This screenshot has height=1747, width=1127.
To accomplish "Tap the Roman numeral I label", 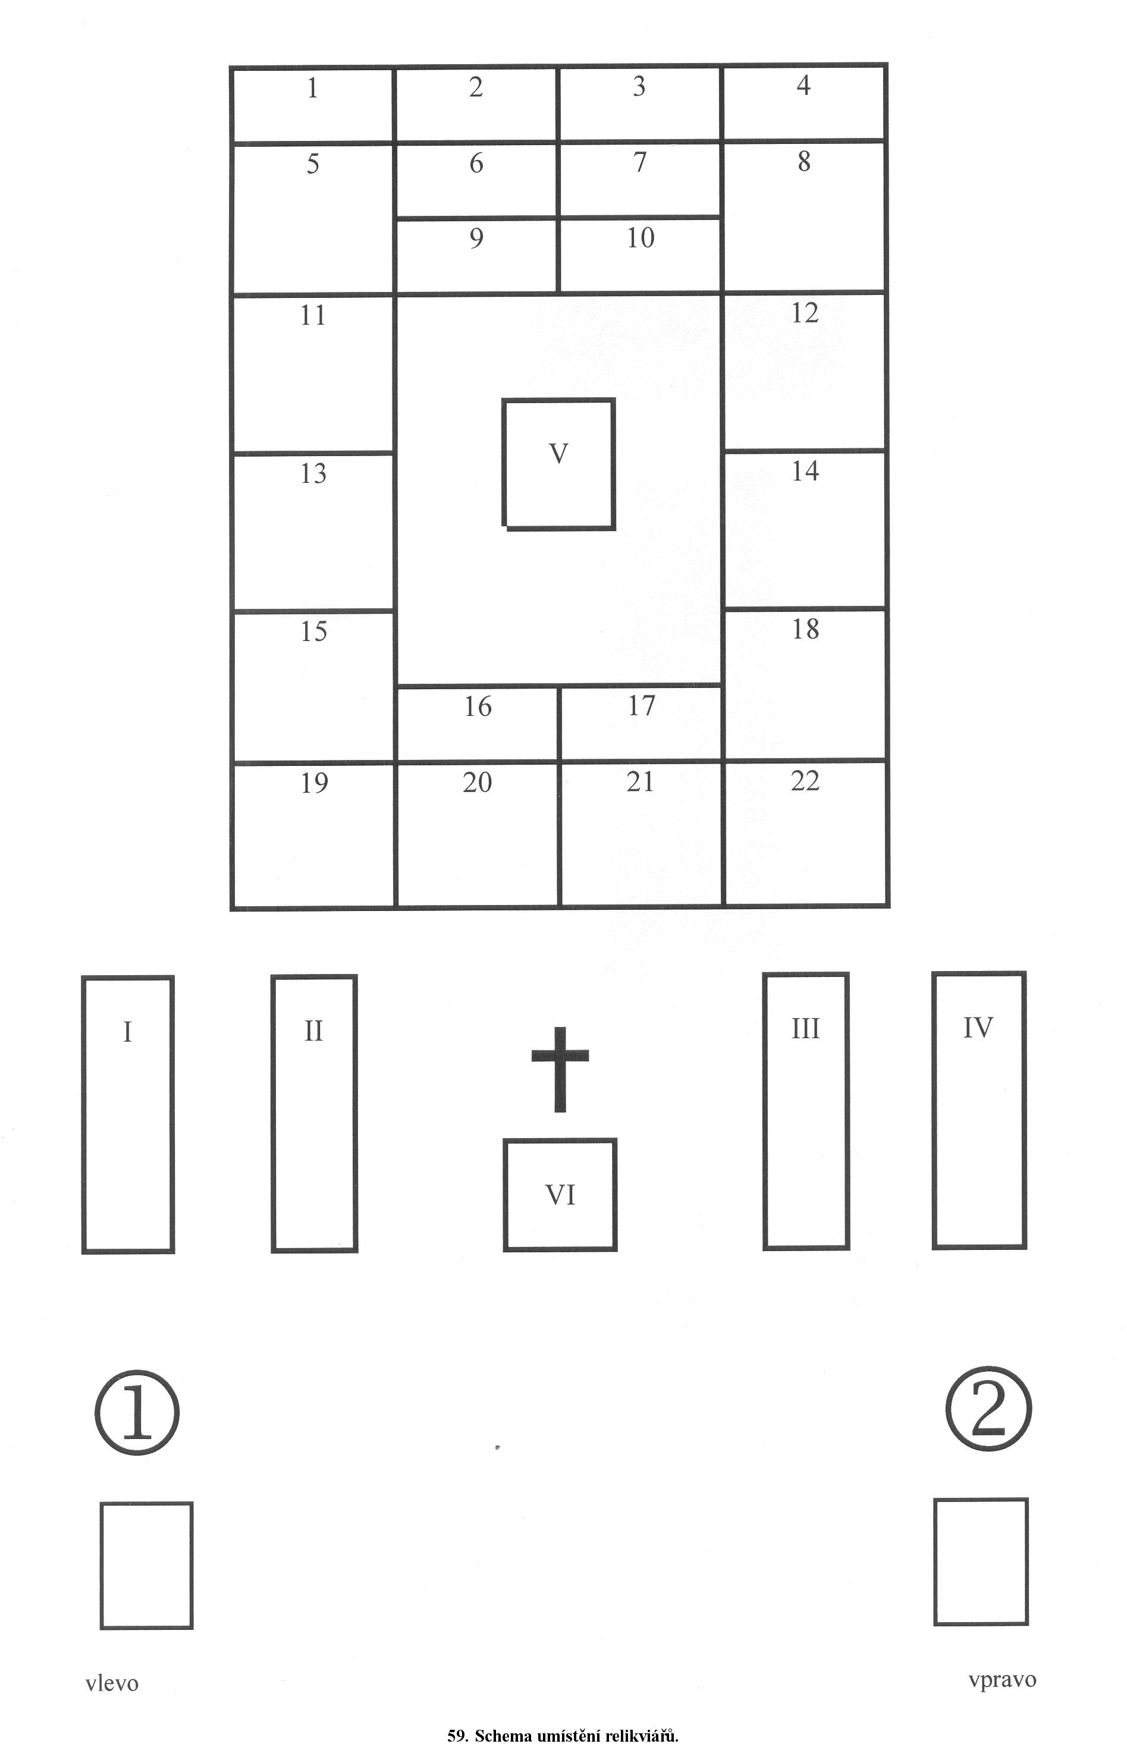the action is click(x=127, y=1032).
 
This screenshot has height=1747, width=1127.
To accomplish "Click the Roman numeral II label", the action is click(x=313, y=1031).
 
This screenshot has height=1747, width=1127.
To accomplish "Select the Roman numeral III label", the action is click(x=805, y=1029).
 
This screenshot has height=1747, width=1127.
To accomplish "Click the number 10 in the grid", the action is click(x=641, y=237).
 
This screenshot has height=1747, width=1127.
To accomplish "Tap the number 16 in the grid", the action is click(x=478, y=706).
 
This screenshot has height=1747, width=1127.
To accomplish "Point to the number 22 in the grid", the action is click(x=805, y=781).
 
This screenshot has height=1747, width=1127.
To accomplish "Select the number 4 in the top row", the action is click(x=803, y=86).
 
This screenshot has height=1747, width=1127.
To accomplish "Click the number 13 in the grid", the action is click(x=313, y=473).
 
